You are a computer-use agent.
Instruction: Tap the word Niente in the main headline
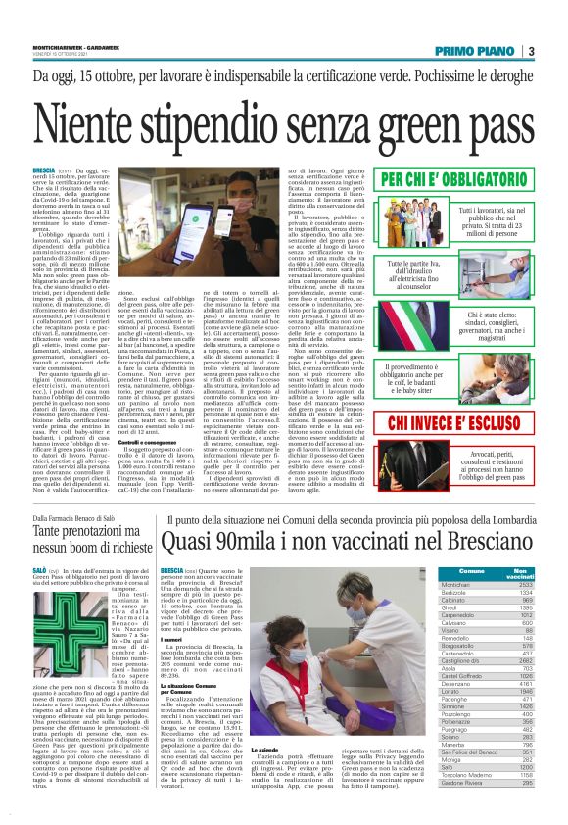pyautogui.click(x=101, y=128)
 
